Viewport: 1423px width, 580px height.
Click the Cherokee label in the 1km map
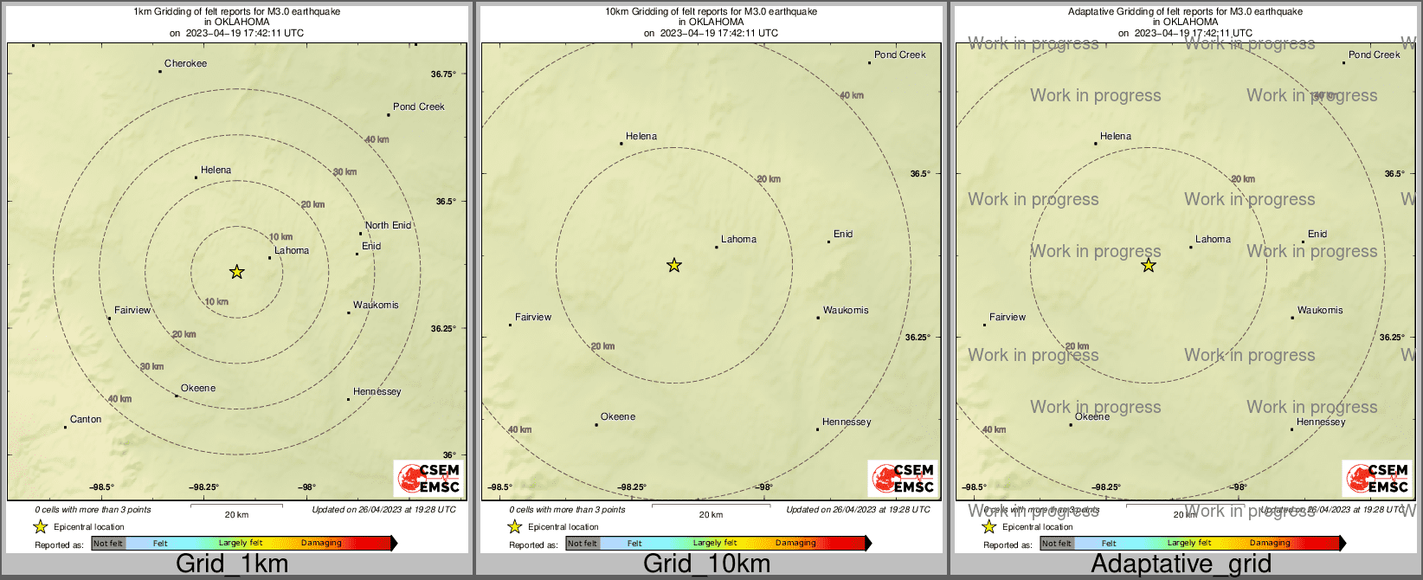(x=185, y=63)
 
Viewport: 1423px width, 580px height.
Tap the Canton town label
(x=86, y=419)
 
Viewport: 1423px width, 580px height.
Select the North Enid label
(x=388, y=225)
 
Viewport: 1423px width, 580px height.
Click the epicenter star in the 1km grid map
(x=236, y=272)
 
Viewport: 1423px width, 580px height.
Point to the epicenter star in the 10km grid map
(x=674, y=265)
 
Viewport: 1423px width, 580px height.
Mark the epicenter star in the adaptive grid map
(x=1149, y=265)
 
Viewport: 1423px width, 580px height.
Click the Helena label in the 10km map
(x=641, y=136)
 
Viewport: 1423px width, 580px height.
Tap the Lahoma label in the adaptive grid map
(x=1213, y=239)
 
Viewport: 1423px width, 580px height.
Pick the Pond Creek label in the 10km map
(x=899, y=55)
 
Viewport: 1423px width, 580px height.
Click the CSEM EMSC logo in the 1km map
(x=428, y=478)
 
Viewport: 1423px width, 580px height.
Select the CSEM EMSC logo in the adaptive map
(x=1377, y=478)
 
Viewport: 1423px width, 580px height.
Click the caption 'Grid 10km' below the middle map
(x=706, y=564)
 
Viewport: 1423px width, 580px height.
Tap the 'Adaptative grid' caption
(x=1181, y=564)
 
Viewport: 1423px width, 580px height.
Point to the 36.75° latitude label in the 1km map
(x=443, y=74)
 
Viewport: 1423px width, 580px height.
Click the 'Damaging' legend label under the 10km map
(x=795, y=543)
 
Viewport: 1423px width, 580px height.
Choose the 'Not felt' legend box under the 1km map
(x=108, y=543)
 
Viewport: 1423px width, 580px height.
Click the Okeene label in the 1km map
(x=198, y=388)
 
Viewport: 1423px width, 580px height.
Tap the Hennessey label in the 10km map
(x=847, y=422)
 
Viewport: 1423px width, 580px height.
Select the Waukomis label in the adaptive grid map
(x=1320, y=310)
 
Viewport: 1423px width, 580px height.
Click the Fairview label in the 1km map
(x=132, y=310)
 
